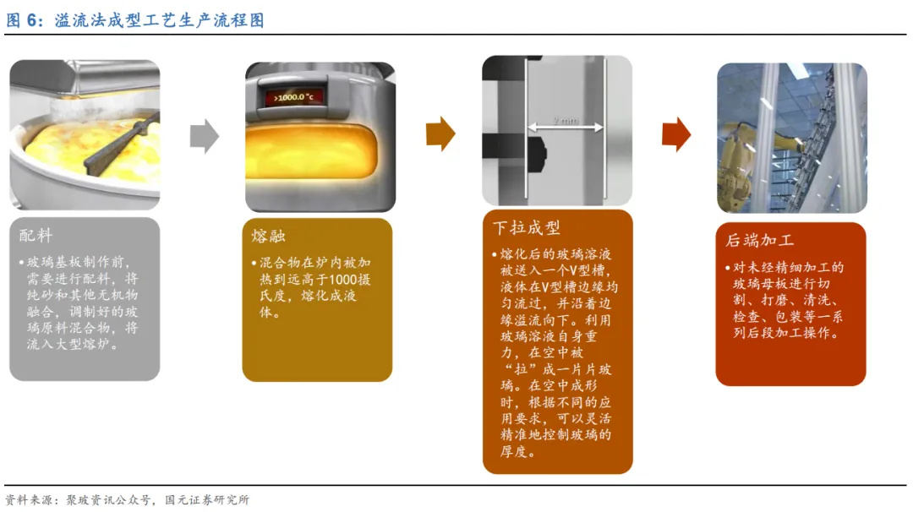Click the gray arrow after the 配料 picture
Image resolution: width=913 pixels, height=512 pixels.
click(x=204, y=135)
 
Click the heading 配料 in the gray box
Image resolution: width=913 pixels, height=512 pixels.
click(x=36, y=236)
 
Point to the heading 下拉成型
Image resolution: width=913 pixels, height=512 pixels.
click(x=526, y=227)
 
